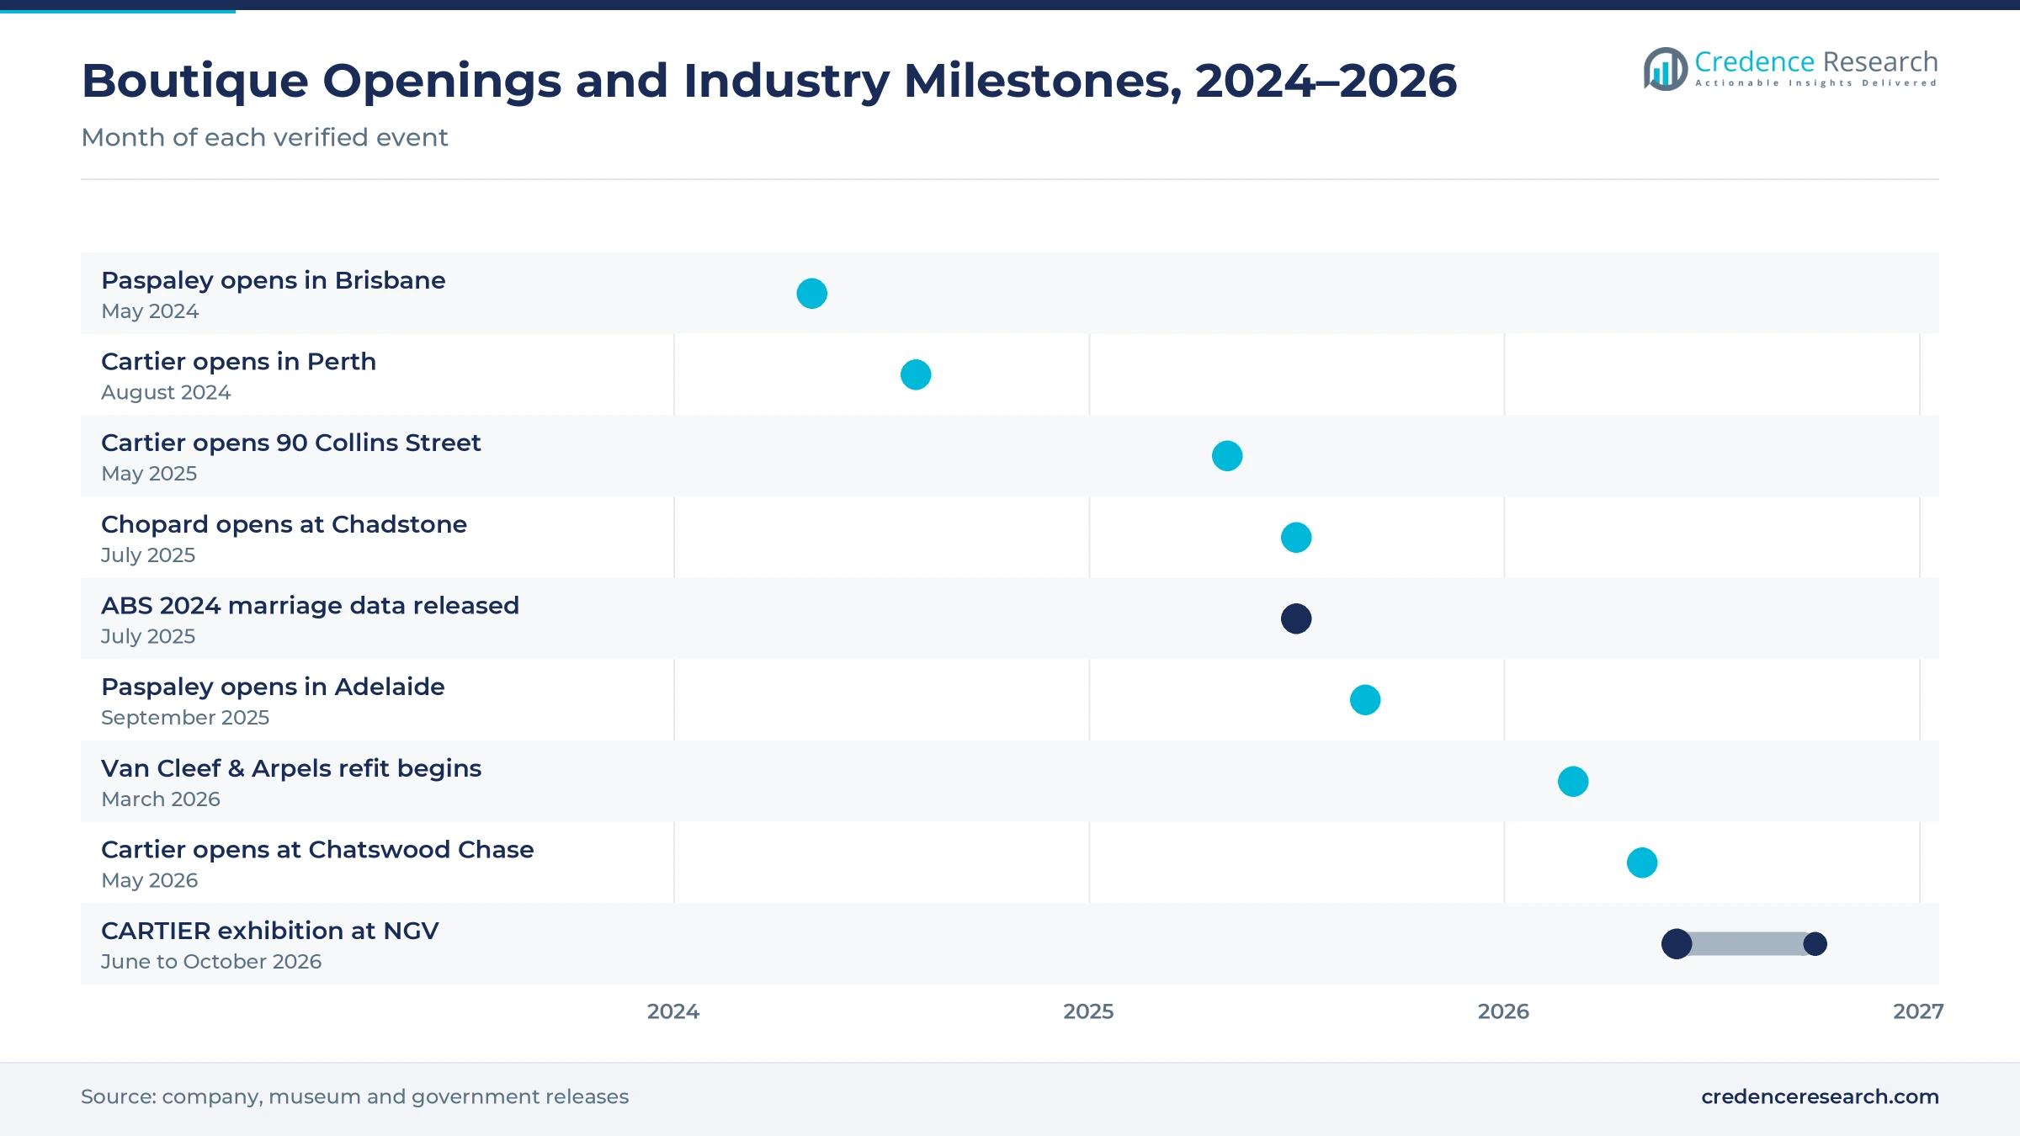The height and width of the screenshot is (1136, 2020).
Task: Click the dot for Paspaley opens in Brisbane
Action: coord(811,294)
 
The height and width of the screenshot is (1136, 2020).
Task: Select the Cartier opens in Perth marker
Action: coord(916,374)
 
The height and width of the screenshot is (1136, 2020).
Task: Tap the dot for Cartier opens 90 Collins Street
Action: coord(1227,456)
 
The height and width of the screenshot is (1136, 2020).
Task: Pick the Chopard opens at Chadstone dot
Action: coord(1296,538)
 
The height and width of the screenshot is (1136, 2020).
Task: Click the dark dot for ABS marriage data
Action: coord(1296,618)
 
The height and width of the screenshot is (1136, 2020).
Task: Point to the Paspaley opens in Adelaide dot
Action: coord(1365,700)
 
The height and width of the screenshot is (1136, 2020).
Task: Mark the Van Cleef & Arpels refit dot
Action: coord(1573,782)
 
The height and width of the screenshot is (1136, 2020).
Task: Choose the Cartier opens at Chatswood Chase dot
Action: coord(1642,863)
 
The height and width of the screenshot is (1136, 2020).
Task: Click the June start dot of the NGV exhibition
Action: coord(1677,944)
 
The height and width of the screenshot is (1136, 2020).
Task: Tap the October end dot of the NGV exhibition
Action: coord(1815,944)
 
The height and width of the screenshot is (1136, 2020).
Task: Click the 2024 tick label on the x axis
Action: coord(673,1011)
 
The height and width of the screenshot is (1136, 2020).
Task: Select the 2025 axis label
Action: coord(1088,1011)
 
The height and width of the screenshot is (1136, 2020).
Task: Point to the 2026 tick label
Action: coord(1503,1011)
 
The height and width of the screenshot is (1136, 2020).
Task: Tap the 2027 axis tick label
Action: coord(1918,1011)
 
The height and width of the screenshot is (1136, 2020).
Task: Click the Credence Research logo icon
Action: coord(1666,69)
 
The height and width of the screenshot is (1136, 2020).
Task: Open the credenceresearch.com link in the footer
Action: coord(1820,1096)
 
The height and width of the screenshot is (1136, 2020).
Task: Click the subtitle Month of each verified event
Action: coord(264,137)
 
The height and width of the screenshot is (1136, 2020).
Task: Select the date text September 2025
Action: coord(185,718)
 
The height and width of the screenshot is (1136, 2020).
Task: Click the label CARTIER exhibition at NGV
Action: coord(270,931)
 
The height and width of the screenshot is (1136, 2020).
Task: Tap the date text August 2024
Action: coord(166,392)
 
